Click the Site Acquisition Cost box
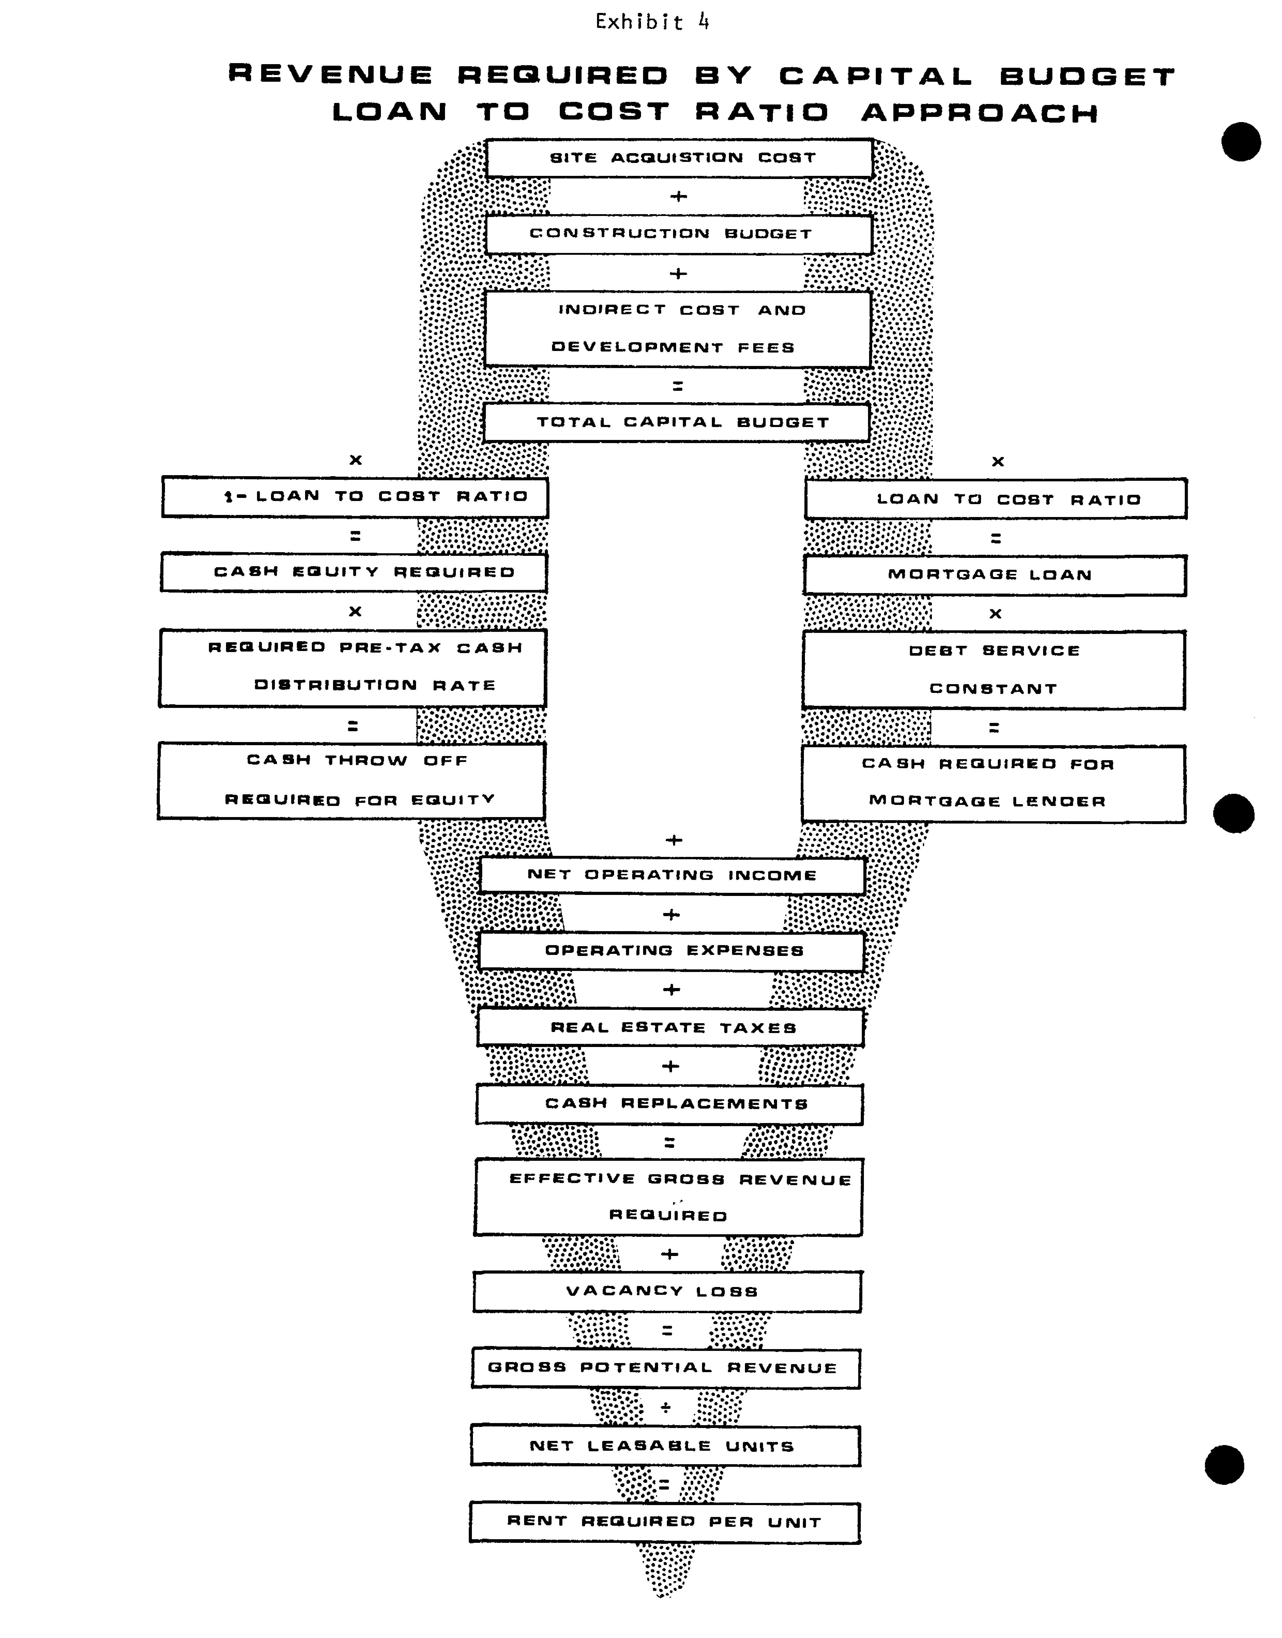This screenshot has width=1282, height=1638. [x=679, y=158]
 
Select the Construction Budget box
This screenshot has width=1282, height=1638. [x=678, y=234]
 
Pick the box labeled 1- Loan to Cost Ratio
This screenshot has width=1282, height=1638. [x=355, y=497]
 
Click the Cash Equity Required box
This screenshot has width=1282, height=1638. [x=353, y=573]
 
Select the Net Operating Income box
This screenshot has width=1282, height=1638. [x=673, y=875]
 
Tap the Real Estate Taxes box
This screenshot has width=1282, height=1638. [x=670, y=1028]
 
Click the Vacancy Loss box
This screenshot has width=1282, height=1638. [x=667, y=1291]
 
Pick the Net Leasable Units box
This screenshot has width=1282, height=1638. [x=666, y=1446]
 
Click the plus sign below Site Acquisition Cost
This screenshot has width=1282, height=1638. [x=678, y=197]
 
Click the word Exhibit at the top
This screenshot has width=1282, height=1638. [x=639, y=23]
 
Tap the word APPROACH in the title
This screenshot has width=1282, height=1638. [x=980, y=113]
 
